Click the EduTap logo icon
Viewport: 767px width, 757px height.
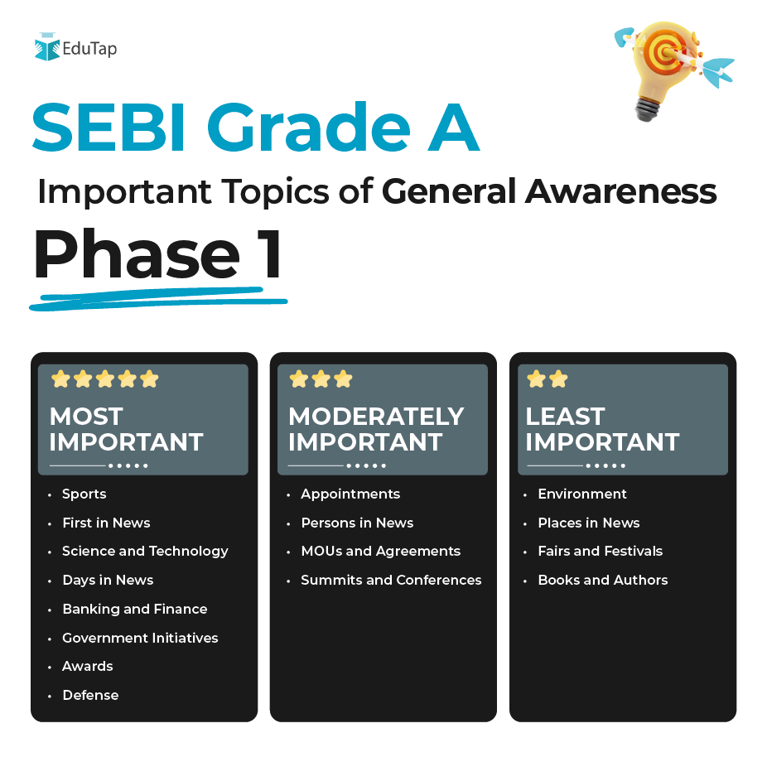[47, 47]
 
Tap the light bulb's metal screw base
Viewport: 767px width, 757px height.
[647, 109]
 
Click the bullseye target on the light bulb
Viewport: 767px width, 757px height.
[665, 52]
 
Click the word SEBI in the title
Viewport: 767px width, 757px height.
[109, 128]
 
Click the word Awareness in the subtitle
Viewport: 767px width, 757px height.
[620, 191]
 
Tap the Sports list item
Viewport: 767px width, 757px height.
[84, 494]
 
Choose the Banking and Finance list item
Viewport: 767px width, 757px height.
[134, 609]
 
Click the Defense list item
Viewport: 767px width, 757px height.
[90, 695]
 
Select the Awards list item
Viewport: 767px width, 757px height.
[88, 666]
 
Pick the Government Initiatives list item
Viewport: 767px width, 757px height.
[140, 638]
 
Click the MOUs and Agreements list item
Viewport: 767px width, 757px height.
[380, 551]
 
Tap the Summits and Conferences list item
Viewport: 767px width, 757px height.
[391, 580]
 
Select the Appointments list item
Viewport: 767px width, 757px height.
[350, 494]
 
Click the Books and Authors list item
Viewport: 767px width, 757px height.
[603, 580]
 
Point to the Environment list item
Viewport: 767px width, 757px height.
[582, 494]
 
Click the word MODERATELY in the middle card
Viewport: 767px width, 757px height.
[376, 417]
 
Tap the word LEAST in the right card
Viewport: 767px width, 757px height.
[565, 417]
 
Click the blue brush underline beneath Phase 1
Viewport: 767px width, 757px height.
[158, 298]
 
